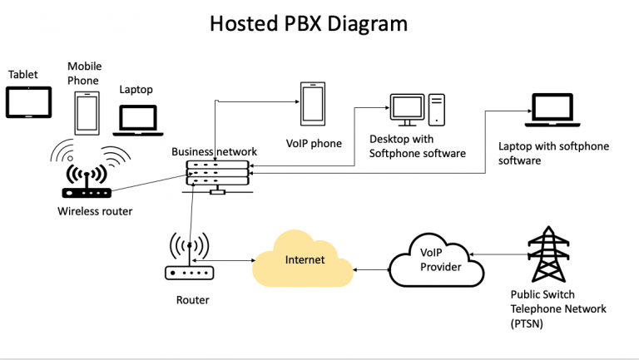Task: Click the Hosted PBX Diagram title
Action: [x=309, y=23]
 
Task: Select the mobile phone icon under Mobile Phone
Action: [x=86, y=112]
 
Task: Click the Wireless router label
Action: [x=95, y=211]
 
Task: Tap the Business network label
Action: [x=214, y=151]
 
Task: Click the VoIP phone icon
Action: [x=313, y=105]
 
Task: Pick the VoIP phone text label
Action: [x=314, y=143]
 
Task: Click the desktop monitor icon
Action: [x=408, y=109]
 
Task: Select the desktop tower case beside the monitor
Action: [x=438, y=109]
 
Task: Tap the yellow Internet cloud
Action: [x=304, y=260]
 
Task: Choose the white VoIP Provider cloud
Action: [x=436, y=260]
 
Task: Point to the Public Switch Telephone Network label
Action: [x=558, y=308]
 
